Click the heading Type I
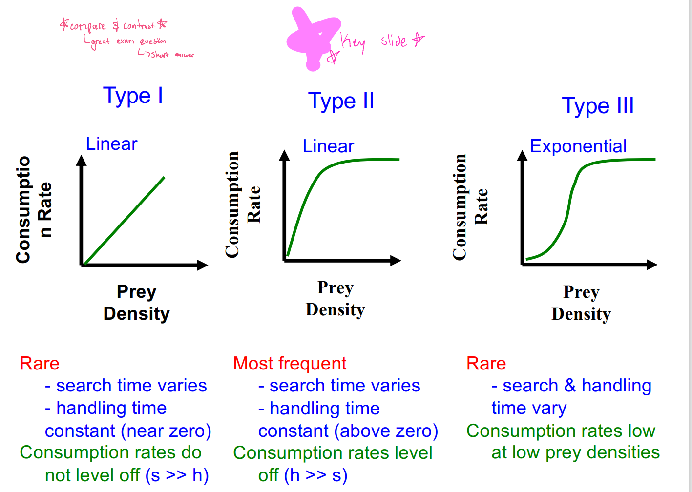click(x=133, y=96)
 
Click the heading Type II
click(x=341, y=101)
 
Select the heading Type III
click(x=598, y=106)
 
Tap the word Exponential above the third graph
click(x=578, y=146)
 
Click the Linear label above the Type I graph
click(x=111, y=144)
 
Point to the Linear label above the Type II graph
click(x=328, y=146)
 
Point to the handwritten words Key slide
click(x=381, y=42)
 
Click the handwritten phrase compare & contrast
click(x=113, y=25)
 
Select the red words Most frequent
click(x=290, y=364)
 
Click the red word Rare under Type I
click(x=40, y=364)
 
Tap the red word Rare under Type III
click(x=486, y=364)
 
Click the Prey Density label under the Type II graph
click(x=336, y=299)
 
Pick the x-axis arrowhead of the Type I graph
click(x=203, y=266)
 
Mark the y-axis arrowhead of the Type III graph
click(x=523, y=156)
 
